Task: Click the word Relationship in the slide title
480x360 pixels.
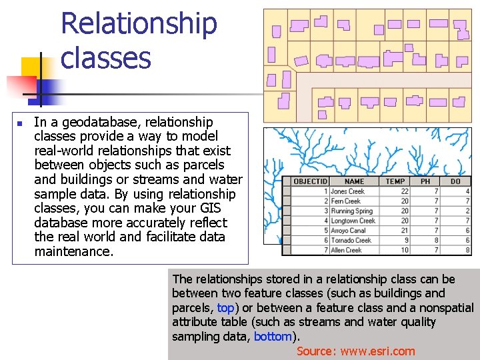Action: (139, 24)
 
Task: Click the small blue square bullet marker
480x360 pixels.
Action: (20, 123)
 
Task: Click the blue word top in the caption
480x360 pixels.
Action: (225, 308)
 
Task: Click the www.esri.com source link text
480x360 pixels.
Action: (375, 351)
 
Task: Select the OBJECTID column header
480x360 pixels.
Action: (311, 181)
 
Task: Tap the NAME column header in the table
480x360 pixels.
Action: (354, 181)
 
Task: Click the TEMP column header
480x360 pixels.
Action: (395, 181)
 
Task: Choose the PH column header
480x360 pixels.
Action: (425, 181)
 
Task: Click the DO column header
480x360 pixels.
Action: (455, 181)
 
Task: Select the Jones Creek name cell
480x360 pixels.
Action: (347, 191)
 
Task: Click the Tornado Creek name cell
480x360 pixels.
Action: (351, 240)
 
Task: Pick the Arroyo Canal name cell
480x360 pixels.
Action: (349, 231)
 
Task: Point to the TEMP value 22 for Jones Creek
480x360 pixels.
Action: (405, 191)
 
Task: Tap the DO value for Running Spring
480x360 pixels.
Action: (467, 211)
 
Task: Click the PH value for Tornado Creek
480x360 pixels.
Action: (436, 240)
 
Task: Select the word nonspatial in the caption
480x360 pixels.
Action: (445, 308)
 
